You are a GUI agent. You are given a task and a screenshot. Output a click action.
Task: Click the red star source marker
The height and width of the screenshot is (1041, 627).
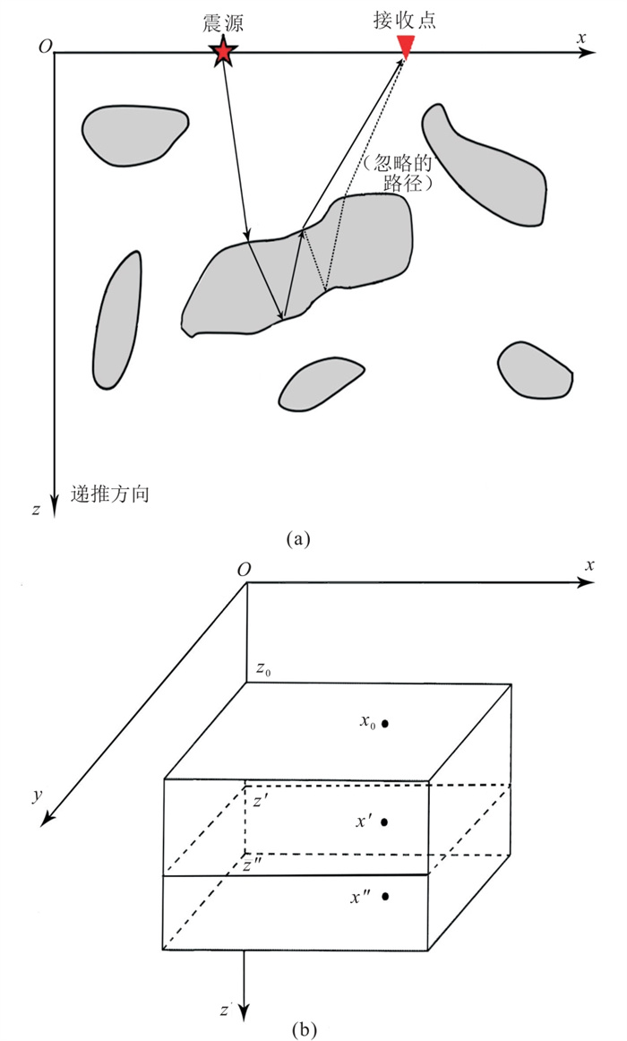[x=222, y=54]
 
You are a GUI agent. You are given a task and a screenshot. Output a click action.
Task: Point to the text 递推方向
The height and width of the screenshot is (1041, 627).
[x=110, y=495]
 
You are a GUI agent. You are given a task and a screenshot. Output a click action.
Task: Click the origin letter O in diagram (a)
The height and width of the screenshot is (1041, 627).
[x=44, y=47]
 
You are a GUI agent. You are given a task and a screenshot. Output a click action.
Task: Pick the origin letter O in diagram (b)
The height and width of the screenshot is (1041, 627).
[x=243, y=570]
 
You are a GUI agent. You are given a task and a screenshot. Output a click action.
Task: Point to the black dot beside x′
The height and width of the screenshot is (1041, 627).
[x=384, y=822]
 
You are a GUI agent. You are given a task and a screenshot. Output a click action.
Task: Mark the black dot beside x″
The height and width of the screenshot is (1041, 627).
[x=384, y=896]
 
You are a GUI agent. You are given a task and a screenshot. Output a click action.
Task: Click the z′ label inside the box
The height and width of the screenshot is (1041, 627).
[x=257, y=803]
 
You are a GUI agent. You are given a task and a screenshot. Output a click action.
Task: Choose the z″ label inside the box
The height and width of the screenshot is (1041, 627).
[x=253, y=865]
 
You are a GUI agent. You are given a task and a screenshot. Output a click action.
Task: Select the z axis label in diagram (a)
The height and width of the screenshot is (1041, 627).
[x=36, y=511]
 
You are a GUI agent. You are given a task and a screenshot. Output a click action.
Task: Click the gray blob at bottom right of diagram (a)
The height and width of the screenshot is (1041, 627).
[x=535, y=368]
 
